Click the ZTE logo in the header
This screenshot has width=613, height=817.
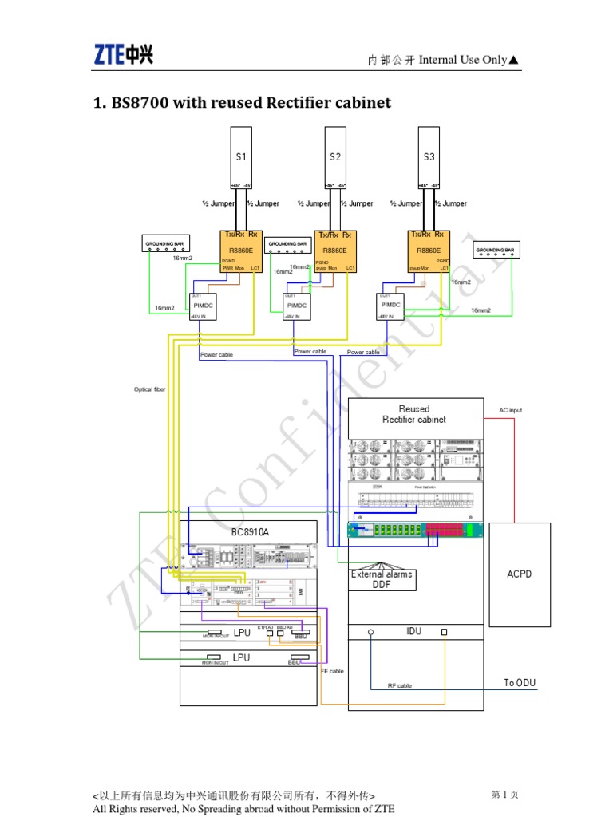pyautogui.click(x=124, y=54)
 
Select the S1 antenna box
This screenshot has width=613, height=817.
pyautogui.click(x=241, y=158)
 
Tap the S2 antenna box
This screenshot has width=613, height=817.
pyautogui.click(x=335, y=158)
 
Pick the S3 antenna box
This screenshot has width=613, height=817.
pyautogui.click(x=429, y=158)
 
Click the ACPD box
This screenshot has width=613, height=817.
pyautogui.click(x=519, y=574)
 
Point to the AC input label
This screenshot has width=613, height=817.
pyautogui.click(x=510, y=410)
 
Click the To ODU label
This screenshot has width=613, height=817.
pyautogui.click(x=520, y=683)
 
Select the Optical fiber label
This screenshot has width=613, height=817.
pyautogui.click(x=150, y=389)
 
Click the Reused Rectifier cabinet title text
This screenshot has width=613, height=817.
pyautogui.click(x=414, y=414)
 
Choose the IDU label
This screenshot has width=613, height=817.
pyautogui.click(x=413, y=631)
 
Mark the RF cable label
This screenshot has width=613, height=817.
pyautogui.click(x=399, y=685)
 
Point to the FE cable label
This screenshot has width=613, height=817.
pyautogui.click(x=332, y=672)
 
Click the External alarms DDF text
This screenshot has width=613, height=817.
pyautogui.click(x=382, y=579)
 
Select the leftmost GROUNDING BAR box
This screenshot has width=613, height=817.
pyautogui.click(x=166, y=244)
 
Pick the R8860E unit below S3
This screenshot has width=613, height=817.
pyautogui.click(x=429, y=250)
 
